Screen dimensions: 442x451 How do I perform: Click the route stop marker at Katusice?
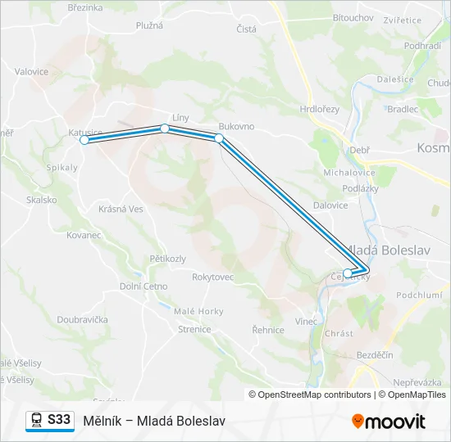pos(84,140)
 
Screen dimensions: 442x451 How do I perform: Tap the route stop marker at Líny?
pos(165,129)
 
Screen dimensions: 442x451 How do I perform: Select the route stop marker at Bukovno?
pos(219,138)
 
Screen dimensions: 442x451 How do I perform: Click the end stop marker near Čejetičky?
pos(348,273)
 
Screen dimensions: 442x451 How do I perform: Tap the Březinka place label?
pos(84,7)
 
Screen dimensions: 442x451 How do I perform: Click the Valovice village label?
pos(31,72)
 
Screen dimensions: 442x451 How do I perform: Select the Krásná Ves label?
pos(121,209)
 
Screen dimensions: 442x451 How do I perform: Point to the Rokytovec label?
pos(213,277)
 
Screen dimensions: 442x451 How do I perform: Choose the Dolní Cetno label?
pos(143,286)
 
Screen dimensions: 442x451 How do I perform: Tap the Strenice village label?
pos(194,329)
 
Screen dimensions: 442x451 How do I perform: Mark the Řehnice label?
pos(268,330)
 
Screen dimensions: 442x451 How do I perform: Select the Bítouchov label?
pos(353,16)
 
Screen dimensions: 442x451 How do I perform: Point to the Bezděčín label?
pos(376,354)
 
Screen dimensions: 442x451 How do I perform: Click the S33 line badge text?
pos(59,419)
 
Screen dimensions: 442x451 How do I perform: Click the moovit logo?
pos(389,421)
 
